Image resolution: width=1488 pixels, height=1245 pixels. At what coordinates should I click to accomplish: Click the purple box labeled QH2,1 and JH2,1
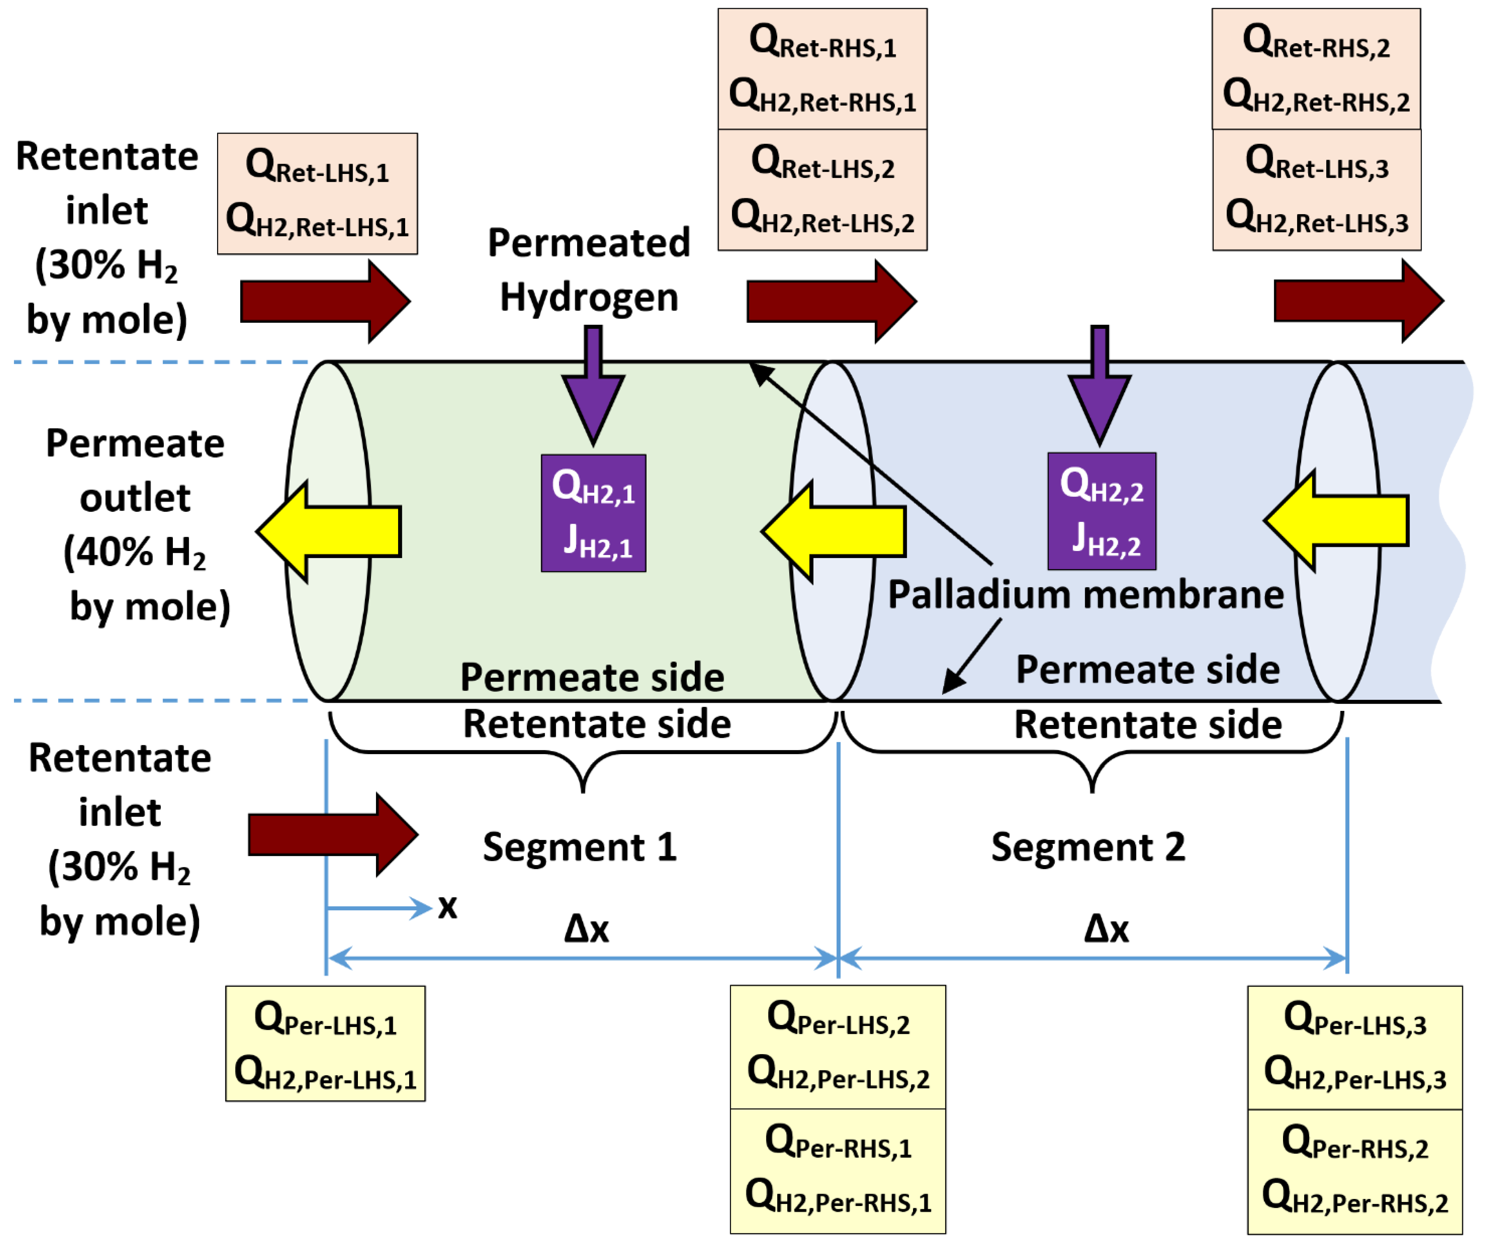593,513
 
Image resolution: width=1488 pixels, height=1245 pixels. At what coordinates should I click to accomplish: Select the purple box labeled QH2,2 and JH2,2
1102,511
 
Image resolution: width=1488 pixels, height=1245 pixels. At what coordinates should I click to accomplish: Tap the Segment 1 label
580,847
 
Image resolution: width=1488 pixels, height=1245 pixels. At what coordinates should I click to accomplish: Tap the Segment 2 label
1088,847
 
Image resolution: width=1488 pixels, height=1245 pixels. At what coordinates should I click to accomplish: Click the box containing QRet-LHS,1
317,193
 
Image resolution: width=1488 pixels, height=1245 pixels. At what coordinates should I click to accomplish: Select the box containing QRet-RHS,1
823,69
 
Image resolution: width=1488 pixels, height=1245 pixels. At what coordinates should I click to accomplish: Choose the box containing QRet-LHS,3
1317,190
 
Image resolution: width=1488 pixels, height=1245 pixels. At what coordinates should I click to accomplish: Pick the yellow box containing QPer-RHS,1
838,1171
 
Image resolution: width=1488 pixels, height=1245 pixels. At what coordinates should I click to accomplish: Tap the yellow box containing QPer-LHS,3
1355,1048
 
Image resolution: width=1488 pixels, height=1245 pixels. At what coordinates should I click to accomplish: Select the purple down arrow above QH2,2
1100,385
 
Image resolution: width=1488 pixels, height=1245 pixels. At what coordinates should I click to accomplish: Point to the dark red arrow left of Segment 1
333,835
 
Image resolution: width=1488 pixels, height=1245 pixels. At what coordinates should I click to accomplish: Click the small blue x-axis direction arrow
379,908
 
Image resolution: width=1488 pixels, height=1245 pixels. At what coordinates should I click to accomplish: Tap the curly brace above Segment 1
583,751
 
